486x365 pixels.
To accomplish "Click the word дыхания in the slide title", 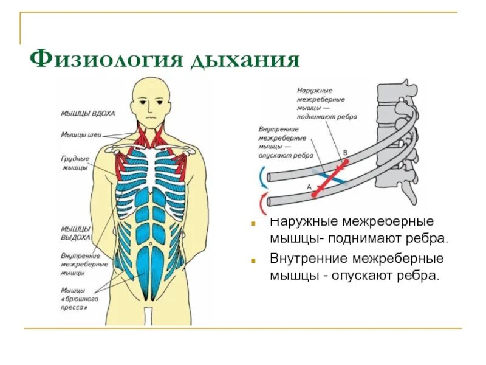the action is click(x=246, y=60).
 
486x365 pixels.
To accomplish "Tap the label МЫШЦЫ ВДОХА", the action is click(x=87, y=113).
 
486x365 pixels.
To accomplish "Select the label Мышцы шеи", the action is click(x=77, y=134).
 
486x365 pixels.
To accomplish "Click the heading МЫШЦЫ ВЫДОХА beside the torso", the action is click(x=76, y=234).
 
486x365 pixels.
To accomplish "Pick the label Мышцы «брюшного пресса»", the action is click(x=75, y=299).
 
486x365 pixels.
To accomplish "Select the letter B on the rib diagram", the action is click(x=345, y=152).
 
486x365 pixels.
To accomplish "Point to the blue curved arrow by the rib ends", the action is click(x=262, y=178).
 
